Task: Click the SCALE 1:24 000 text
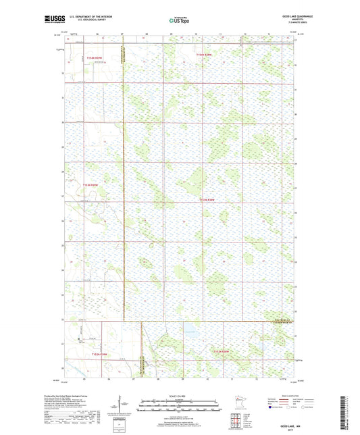[x=180, y=395]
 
